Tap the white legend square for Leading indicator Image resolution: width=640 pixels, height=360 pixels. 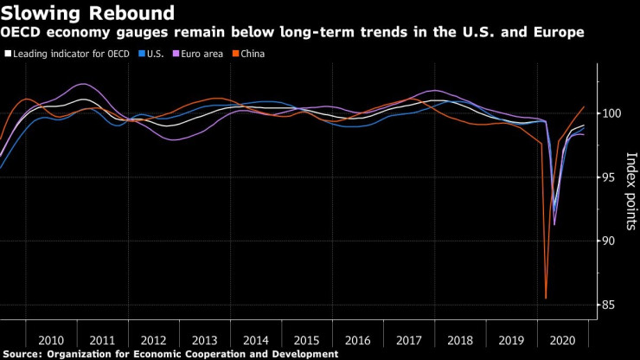click(9, 54)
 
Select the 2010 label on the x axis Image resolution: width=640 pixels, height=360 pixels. click(51, 340)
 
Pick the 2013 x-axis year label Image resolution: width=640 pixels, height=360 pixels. click(205, 340)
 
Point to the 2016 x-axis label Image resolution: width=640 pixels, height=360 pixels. click(358, 340)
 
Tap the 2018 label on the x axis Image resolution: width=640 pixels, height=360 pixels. click(460, 340)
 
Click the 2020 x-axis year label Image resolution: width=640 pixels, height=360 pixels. click(562, 340)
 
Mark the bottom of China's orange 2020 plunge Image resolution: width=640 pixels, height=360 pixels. click(546, 299)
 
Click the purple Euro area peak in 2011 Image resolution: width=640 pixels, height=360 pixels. click(83, 84)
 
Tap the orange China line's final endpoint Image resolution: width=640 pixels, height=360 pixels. click(585, 107)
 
